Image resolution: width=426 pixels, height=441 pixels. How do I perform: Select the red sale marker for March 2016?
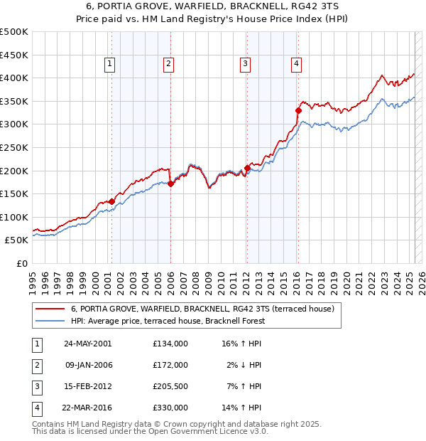(298, 110)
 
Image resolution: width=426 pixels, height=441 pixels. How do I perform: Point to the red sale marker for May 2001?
(112, 201)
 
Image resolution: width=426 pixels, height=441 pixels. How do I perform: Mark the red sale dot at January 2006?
(170, 184)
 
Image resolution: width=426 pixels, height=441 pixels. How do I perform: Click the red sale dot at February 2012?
(247, 168)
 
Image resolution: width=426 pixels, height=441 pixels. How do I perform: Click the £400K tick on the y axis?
(14, 78)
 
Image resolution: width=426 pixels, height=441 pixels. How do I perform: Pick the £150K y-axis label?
(14, 193)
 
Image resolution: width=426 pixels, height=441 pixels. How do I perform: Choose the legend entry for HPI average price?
(168, 321)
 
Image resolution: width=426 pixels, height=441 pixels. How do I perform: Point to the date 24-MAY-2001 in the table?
(88, 344)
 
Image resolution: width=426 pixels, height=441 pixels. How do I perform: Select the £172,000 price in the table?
(170, 365)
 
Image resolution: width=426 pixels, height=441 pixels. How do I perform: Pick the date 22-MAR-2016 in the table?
(88, 408)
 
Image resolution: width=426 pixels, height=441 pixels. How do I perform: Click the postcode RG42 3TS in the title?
(314, 6)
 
